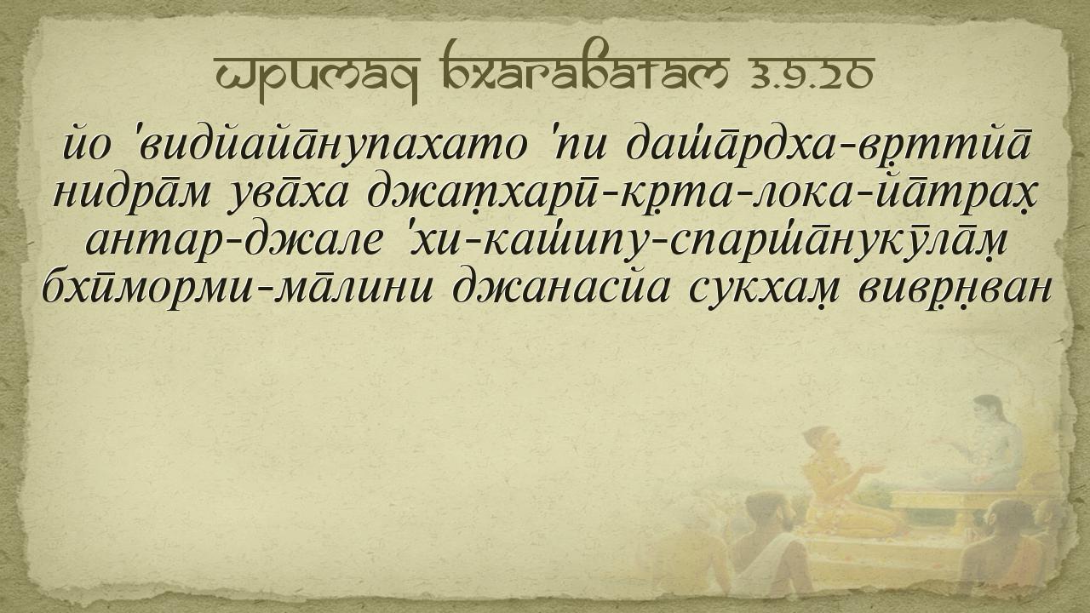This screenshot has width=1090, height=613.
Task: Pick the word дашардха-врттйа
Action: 828,146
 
